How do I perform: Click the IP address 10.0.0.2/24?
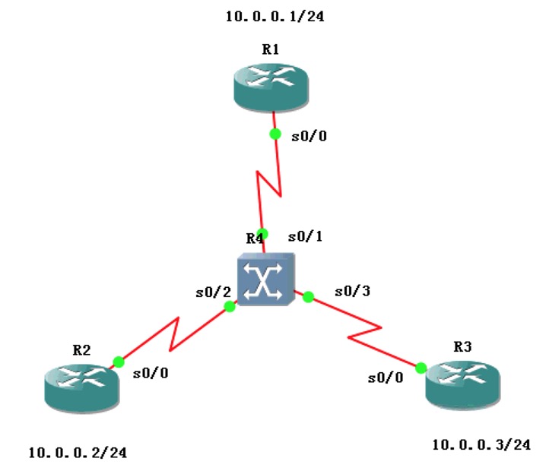(78, 453)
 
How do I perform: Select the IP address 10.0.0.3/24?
(480, 444)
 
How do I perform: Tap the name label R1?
(270, 49)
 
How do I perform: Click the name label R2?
(81, 350)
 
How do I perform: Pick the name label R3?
(462, 346)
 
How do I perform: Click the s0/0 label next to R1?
(310, 137)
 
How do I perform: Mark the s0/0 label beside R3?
(386, 378)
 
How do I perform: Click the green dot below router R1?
(275, 134)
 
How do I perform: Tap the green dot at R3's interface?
(421, 368)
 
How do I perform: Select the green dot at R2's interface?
(118, 362)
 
